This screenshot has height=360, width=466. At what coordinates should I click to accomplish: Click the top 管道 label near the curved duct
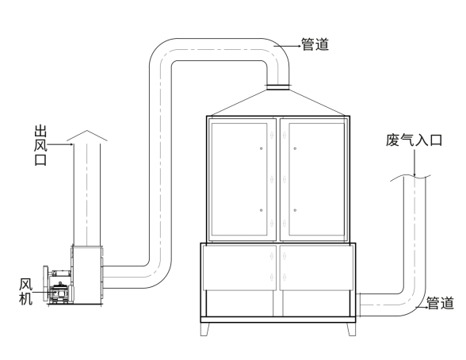tap(315, 44)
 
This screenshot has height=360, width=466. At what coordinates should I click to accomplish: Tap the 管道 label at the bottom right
tap(440, 303)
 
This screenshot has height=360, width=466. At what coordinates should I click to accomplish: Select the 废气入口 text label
tap(414, 140)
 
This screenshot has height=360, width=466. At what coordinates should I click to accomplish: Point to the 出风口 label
tap(40, 145)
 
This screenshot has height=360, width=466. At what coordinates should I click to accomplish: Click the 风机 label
tap(26, 292)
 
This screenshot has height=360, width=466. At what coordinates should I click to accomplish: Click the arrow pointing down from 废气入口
tap(414, 163)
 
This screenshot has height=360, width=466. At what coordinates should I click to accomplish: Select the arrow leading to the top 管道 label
tap(288, 46)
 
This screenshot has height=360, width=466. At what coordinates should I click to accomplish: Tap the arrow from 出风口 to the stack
tap(60, 145)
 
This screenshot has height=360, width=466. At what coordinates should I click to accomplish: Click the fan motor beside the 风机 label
tap(60, 293)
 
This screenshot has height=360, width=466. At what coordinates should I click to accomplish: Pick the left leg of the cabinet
tap(204, 329)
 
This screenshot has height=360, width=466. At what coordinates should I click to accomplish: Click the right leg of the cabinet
tap(351, 329)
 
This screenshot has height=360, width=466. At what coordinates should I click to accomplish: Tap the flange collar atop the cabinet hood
tap(277, 87)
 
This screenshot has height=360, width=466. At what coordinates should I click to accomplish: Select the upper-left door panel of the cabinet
tap(239, 179)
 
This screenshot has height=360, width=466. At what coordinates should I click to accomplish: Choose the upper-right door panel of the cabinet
tap(316, 179)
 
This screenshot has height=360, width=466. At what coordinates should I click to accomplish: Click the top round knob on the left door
tap(262, 148)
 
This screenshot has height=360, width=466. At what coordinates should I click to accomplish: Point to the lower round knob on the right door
tap(295, 210)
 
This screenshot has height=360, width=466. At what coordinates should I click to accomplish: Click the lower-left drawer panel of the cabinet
tap(239, 267)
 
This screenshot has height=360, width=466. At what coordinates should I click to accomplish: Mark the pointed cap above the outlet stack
tap(87, 136)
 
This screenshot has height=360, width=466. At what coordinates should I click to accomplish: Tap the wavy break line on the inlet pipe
tap(411, 178)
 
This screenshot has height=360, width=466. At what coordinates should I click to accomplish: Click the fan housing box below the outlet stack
tap(87, 275)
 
